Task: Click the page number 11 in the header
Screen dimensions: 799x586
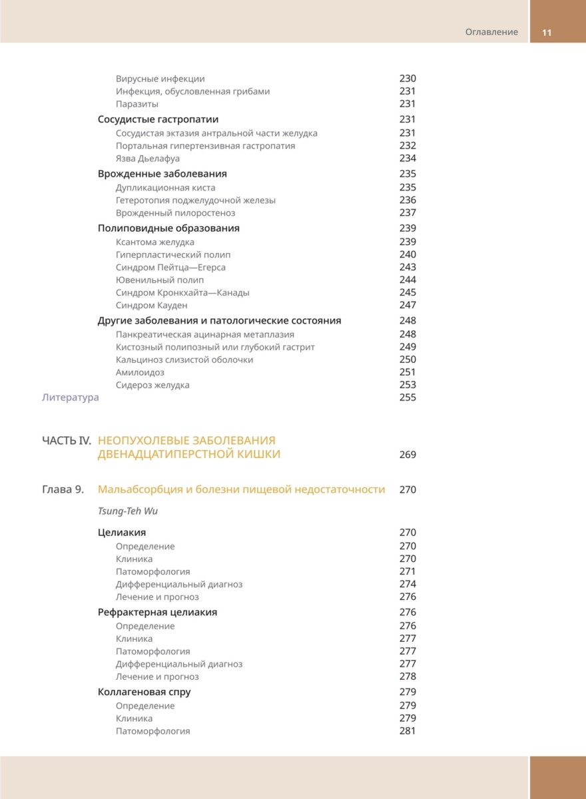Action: pyautogui.click(x=547, y=33)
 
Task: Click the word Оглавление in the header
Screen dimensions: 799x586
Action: pyautogui.click(x=491, y=33)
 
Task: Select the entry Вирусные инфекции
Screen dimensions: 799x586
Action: pyautogui.click(x=160, y=79)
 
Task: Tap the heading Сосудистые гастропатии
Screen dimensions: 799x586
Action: pyautogui.click(x=158, y=119)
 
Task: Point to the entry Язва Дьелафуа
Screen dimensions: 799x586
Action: pyautogui.click(x=147, y=158)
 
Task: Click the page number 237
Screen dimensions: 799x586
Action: pyautogui.click(x=408, y=213)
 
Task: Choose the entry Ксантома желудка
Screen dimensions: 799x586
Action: pyautogui.click(x=154, y=242)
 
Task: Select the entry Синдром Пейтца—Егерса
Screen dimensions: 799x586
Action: pyautogui.click(x=170, y=267)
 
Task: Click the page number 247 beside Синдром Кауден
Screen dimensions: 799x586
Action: pyautogui.click(x=408, y=306)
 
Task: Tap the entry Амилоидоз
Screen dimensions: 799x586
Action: pyautogui.click(x=140, y=372)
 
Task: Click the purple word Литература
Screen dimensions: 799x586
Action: pyautogui.click(x=70, y=398)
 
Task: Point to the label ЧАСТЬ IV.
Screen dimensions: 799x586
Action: pyautogui.click(x=66, y=441)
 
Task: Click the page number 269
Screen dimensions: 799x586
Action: pyautogui.click(x=408, y=455)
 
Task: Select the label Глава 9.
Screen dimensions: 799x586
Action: pyautogui.click(x=63, y=490)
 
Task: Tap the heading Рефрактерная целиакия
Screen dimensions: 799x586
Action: pyautogui.click(x=157, y=612)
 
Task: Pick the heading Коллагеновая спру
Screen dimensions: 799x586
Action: pyautogui.click(x=144, y=692)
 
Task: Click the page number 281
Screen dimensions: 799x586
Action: pyautogui.click(x=408, y=731)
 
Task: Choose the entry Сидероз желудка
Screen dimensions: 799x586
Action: pyautogui.click(x=152, y=385)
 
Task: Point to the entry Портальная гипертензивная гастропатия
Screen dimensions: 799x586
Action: pyautogui.click(x=205, y=146)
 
